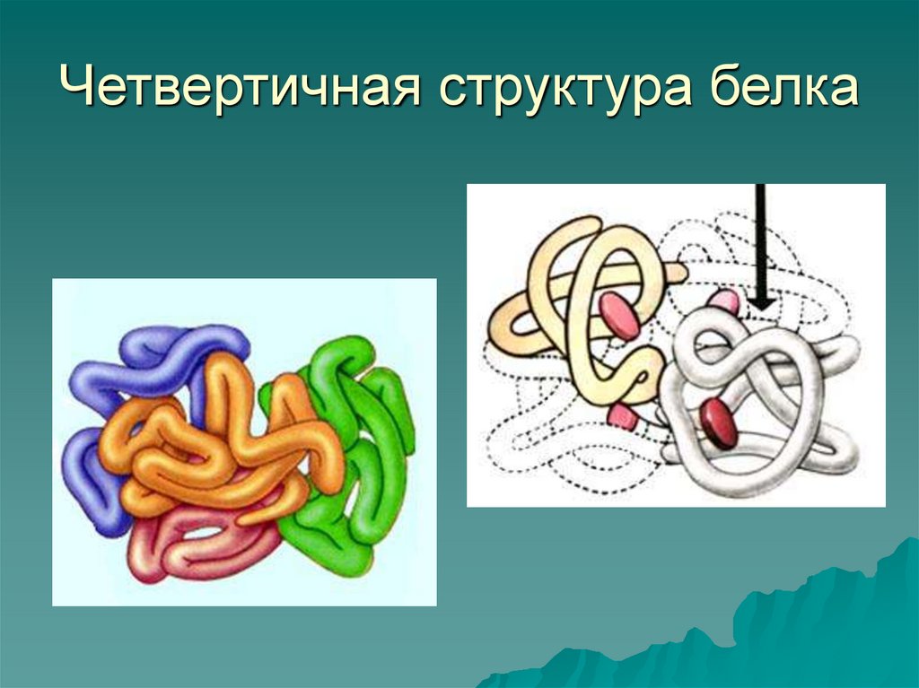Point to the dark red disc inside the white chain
click(719, 422)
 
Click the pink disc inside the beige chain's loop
click(618, 315)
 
